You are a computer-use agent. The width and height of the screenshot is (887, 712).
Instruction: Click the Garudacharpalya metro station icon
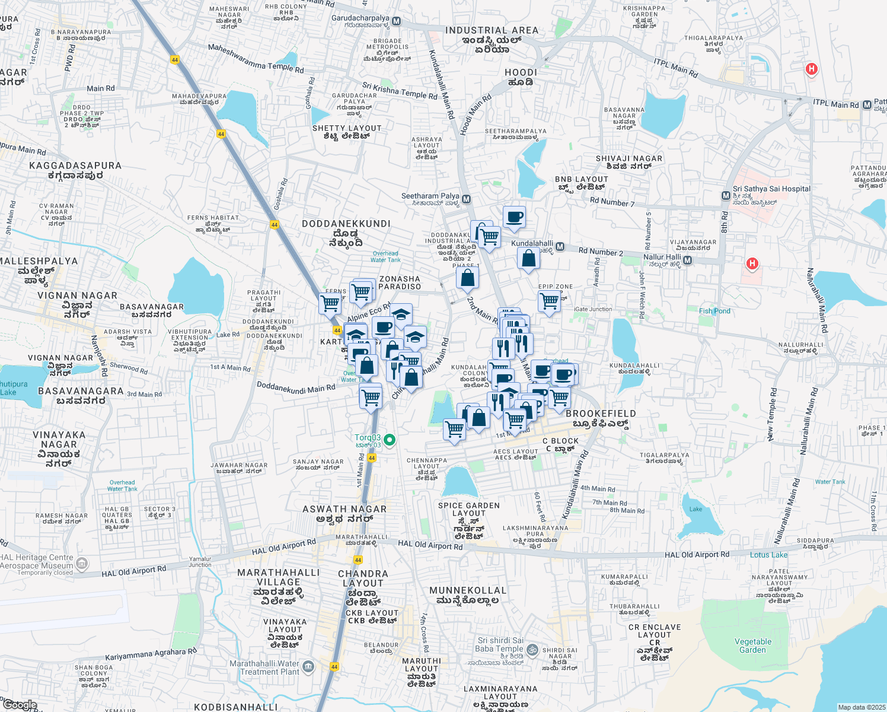click(397, 21)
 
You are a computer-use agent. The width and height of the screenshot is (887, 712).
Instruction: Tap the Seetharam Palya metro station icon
click(467, 199)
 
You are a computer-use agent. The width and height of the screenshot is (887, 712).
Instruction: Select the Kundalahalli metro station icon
click(560, 247)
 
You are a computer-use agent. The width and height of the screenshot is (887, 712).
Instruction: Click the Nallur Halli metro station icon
click(687, 260)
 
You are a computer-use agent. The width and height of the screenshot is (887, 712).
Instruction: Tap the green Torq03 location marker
click(390, 440)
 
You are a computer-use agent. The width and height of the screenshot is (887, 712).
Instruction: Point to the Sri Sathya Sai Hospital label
click(771, 189)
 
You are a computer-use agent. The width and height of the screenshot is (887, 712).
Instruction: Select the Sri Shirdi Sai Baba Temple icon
click(532, 649)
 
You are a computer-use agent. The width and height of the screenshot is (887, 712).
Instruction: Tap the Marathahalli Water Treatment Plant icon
click(308, 667)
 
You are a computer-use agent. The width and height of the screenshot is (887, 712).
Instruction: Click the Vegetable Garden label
click(753, 646)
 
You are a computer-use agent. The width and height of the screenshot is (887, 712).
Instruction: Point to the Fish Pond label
click(714, 311)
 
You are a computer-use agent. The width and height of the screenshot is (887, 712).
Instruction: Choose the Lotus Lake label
click(768, 555)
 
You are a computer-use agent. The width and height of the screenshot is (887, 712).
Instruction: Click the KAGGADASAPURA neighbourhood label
click(75, 166)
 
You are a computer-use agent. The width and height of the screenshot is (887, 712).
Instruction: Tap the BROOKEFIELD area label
click(601, 414)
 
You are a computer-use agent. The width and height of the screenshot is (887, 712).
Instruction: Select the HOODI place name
click(521, 72)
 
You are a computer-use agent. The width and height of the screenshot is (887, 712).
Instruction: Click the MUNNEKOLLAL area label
click(468, 590)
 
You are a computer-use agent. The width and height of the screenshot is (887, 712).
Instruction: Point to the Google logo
click(20, 705)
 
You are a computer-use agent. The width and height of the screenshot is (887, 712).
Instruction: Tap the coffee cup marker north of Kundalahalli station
click(514, 217)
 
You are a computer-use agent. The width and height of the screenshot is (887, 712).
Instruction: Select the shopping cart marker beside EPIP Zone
click(550, 301)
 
